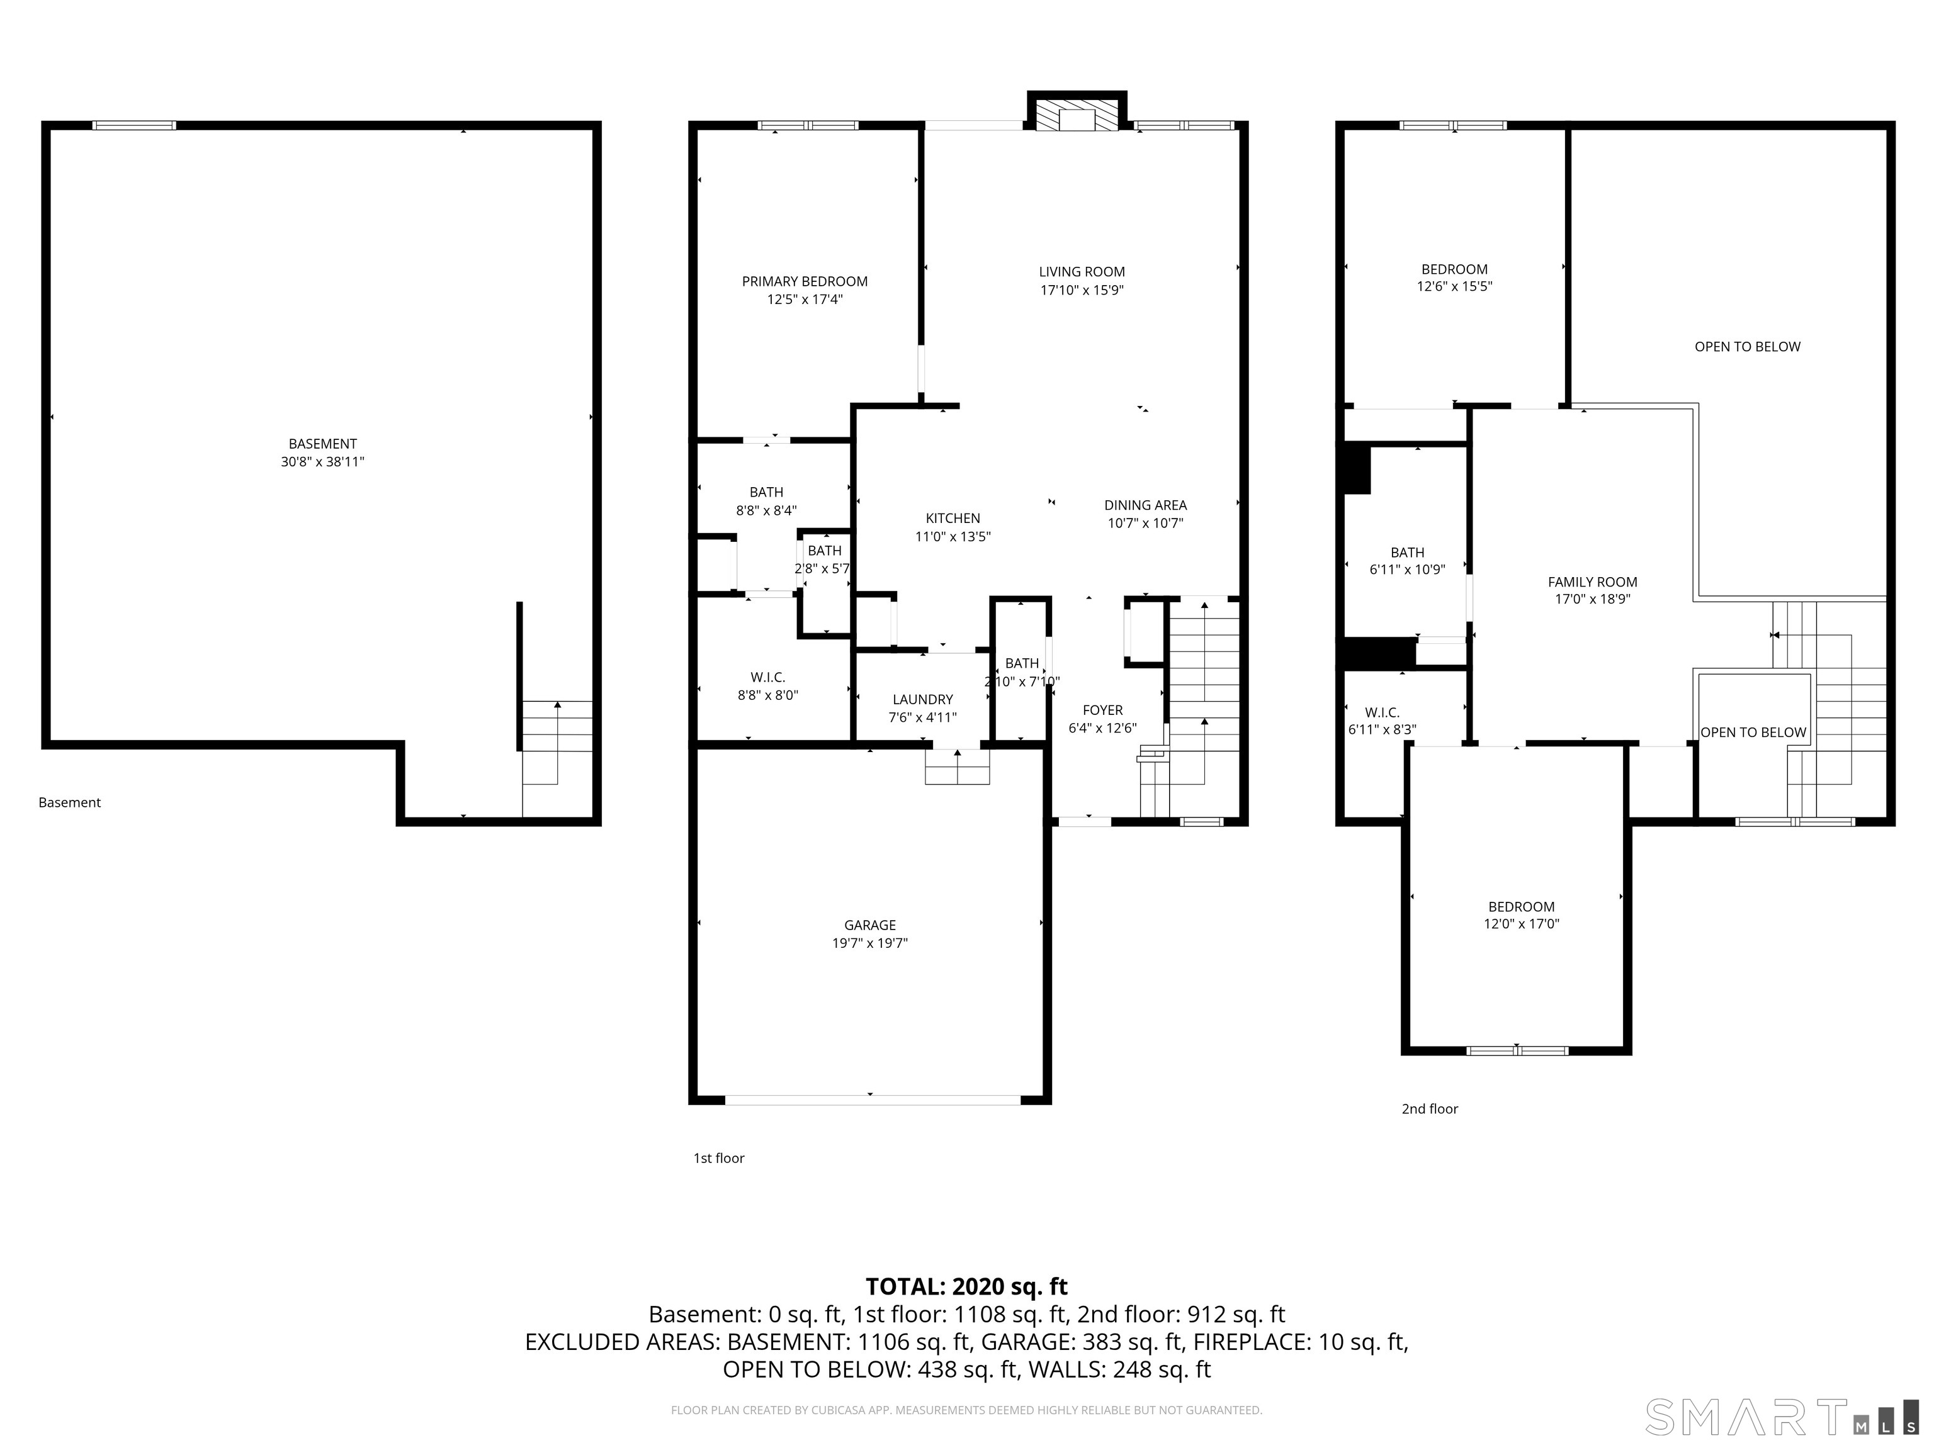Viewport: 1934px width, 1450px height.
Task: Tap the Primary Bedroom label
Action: [805, 281]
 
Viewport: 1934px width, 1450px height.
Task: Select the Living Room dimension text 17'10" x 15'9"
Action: [1082, 290]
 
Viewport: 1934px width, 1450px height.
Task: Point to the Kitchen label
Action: [953, 519]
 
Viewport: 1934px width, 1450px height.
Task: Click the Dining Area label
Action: [1145, 505]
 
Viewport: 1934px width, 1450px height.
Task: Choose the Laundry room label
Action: [922, 699]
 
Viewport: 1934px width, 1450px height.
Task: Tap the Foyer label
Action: [1102, 711]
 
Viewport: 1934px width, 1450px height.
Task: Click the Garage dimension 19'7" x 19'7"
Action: [870, 943]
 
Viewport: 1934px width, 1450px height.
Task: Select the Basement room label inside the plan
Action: [322, 444]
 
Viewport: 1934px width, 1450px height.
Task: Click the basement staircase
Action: [557, 758]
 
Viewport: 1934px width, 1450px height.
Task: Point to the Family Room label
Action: [1592, 582]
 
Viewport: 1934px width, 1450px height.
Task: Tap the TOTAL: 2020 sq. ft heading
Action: [966, 1286]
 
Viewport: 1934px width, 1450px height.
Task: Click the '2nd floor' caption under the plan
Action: [1430, 1109]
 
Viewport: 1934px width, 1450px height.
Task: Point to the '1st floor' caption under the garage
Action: [719, 1158]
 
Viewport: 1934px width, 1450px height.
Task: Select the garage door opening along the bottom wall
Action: [873, 1099]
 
